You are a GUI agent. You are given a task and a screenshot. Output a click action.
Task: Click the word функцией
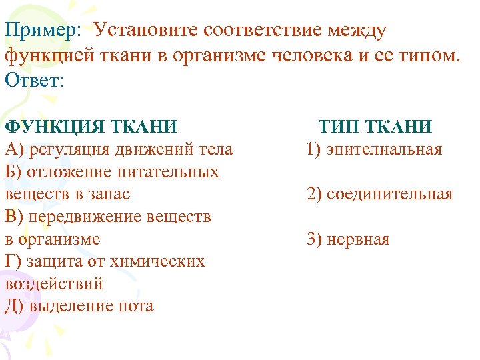point(44,55)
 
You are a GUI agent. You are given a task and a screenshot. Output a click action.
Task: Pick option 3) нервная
point(349,239)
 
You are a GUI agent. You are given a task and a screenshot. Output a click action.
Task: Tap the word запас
point(111,194)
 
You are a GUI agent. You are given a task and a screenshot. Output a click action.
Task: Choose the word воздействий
point(53,283)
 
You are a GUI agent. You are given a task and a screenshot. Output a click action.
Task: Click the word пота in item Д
point(137,306)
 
